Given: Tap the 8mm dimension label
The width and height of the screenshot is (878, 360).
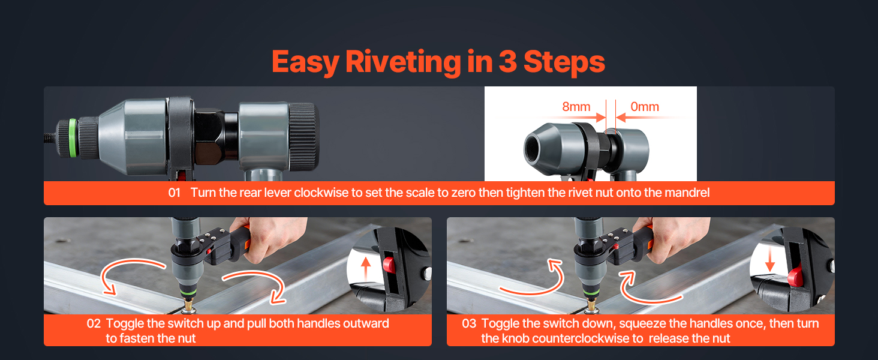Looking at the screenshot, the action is (x=576, y=107).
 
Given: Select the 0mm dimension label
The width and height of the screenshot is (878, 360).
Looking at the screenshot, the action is (x=644, y=107).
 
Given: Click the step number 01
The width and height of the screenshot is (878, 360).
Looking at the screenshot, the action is (x=174, y=193).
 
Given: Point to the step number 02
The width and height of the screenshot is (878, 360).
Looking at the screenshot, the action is (x=94, y=323).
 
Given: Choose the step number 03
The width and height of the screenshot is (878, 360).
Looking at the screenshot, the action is (x=469, y=323).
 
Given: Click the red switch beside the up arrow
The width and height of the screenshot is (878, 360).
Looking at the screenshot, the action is (x=389, y=265).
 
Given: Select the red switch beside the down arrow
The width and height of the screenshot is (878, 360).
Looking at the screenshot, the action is (x=795, y=276).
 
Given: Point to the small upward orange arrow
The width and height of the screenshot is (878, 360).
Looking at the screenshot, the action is (x=366, y=269).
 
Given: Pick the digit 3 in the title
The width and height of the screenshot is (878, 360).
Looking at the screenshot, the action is (x=508, y=62).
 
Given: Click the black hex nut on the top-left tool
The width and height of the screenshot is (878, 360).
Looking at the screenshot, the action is (x=210, y=137).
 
